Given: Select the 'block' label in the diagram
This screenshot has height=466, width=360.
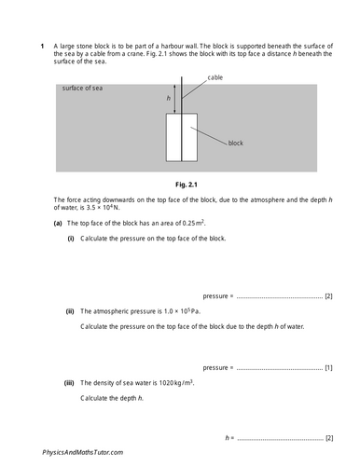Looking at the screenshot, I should pyautogui.click(x=238, y=144).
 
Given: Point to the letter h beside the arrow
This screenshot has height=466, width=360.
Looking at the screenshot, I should pyautogui.click(x=169, y=98).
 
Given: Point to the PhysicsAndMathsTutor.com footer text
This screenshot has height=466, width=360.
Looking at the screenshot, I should pyautogui.click(x=82, y=452).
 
